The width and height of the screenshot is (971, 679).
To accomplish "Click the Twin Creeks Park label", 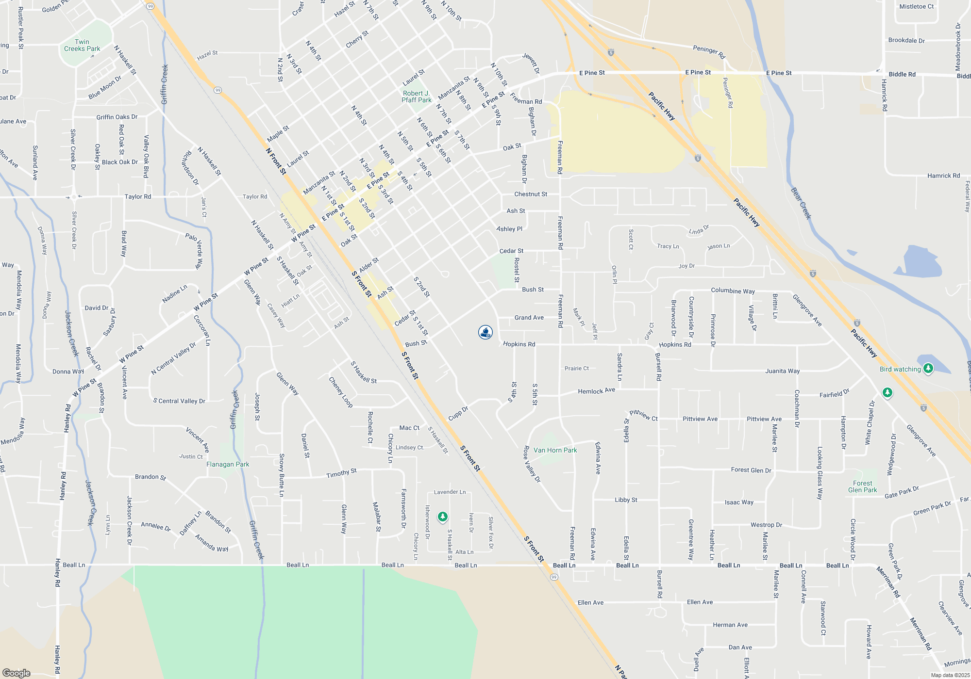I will click(x=82, y=45).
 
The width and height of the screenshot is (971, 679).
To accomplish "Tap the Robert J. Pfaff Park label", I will click(x=416, y=97).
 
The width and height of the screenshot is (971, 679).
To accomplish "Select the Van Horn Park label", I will click(x=555, y=450).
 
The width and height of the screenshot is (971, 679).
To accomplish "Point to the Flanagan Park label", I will click(x=228, y=464).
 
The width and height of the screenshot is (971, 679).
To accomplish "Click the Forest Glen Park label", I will click(x=862, y=486).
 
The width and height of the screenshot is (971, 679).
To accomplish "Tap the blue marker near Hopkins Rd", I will click(x=485, y=332).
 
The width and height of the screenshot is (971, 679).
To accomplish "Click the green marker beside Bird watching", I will click(x=928, y=369).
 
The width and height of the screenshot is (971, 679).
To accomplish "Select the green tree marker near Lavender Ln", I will click(x=442, y=517).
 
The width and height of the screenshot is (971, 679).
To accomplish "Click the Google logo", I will click(x=17, y=673).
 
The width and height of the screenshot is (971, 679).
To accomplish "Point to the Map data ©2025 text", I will click(x=950, y=675).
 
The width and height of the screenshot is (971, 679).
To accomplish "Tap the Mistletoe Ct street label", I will click(x=916, y=7).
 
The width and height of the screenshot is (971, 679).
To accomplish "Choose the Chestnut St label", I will click(x=531, y=194).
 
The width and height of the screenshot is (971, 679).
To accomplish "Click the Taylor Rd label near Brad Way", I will click(x=138, y=196).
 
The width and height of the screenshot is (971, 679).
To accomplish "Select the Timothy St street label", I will click(x=341, y=473).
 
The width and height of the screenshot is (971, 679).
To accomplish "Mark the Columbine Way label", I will click(x=733, y=291).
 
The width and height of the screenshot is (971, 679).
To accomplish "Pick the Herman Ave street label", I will click(x=730, y=625).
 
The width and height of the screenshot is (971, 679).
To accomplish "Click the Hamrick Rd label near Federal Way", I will click(x=943, y=176).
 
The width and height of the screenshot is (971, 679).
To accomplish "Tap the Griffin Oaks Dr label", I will click(x=117, y=117).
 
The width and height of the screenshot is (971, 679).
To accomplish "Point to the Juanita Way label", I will click(x=782, y=371).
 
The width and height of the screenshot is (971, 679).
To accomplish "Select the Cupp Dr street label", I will click(x=458, y=414).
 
